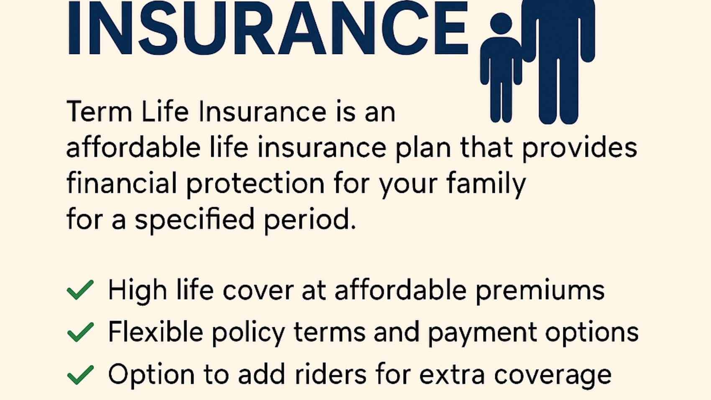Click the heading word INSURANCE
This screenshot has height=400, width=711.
(x=267, y=28)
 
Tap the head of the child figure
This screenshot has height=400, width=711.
(x=501, y=23)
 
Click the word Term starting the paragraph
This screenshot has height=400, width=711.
(x=99, y=112)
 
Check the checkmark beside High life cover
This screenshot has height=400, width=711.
(x=80, y=290)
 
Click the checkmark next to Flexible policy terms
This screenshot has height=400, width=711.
(x=80, y=332)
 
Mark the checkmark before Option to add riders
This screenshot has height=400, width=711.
(x=80, y=374)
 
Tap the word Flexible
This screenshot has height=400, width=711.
(x=156, y=332)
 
